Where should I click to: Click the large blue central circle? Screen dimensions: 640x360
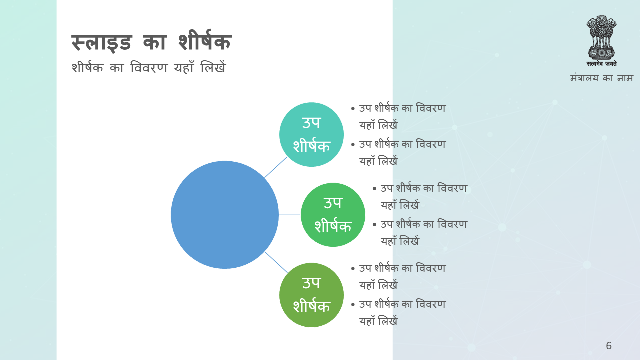[x=225, y=215]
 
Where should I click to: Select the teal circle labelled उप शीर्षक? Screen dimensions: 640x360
[x=311, y=134]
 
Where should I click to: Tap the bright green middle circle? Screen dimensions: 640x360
[x=333, y=215]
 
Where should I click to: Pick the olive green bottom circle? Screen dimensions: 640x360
[x=311, y=295]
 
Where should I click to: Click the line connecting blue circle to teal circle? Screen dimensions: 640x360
[x=276, y=167]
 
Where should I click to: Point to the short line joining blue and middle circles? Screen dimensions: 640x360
[x=290, y=215]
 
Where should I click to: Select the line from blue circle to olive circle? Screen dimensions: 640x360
[x=276, y=262]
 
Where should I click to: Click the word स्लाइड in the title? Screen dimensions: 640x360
[x=101, y=43]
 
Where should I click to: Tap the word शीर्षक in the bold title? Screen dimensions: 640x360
[x=205, y=41]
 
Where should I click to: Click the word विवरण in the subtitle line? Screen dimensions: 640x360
[x=149, y=68]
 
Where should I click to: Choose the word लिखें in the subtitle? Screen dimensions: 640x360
[x=213, y=67]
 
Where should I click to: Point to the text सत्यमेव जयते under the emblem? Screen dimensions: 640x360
[x=601, y=64]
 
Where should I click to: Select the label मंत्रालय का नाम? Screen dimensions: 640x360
[x=601, y=78]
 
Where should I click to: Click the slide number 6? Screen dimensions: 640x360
[x=609, y=346]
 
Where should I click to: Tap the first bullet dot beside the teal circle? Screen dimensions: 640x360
[x=353, y=109]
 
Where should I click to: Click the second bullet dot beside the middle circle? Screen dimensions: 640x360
[x=374, y=225]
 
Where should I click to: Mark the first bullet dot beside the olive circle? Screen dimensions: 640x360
[x=353, y=269]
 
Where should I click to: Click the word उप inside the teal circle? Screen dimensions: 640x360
[x=311, y=123]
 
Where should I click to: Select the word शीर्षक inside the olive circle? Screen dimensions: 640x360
[x=311, y=305]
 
